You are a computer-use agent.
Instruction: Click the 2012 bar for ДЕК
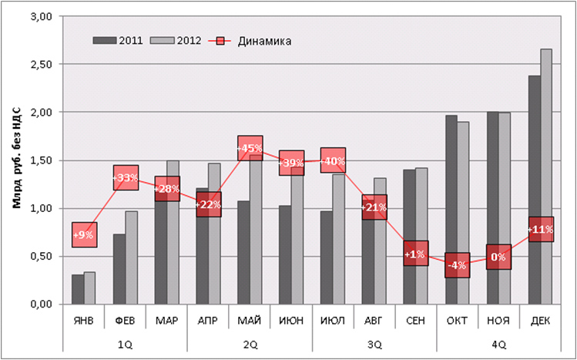pyautogui.click(x=546, y=177)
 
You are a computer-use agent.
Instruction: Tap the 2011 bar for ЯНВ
pyautogui.click(x=78, y=289)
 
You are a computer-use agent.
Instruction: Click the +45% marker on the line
pyautogui.click(x=250, y=148)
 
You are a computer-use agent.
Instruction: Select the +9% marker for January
pyautogui.click(x=85, y=234)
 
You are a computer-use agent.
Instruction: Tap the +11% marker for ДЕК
pyautogui.click(x=541, y=229)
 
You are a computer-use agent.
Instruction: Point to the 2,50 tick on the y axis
pyautogui.click(x=40, y=64)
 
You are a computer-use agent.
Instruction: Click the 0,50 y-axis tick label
pyautogui.click(x=40, y=256)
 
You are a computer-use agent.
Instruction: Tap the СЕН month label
pyautogui.click(x=416, y=320)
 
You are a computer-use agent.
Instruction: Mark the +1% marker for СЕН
pyautogui.click(x=416, y=254)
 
